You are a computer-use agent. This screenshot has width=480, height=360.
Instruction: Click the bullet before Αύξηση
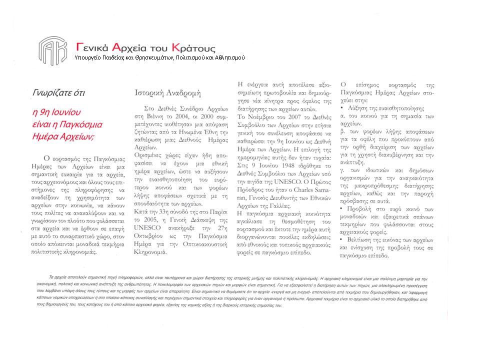(341, 107)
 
